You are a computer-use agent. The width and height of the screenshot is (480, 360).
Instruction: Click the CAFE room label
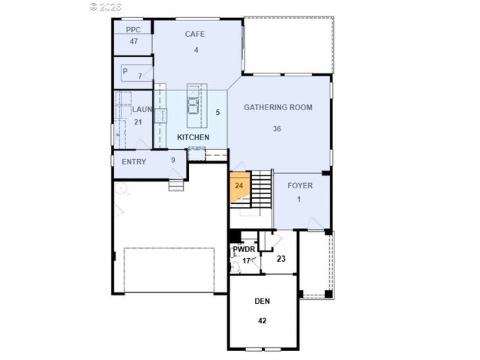(195, 34)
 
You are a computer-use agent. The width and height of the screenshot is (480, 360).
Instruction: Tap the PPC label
(133, 30)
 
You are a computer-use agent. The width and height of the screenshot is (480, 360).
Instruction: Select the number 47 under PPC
(133, 41)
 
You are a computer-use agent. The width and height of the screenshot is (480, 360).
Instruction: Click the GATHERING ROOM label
(277, 107)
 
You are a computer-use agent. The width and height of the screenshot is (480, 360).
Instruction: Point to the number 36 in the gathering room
(277, 128)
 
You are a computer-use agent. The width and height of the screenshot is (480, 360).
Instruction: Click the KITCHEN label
(193, 138)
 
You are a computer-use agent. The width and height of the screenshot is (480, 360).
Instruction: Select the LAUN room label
(142, 109)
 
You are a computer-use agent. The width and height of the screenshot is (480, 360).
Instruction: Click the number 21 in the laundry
(138, 121)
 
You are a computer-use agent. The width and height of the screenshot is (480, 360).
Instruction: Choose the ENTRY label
(133, 161)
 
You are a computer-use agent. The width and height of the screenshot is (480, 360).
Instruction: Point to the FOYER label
(300, 185)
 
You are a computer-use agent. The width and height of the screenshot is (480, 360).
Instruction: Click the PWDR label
(244, 249)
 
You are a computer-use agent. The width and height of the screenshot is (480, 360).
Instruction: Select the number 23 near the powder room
(281, 259)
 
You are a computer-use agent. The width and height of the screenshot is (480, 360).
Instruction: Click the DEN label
(262, 301)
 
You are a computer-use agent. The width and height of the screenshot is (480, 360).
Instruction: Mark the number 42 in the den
(262, 320)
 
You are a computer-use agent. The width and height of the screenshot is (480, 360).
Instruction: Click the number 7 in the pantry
(139, 76)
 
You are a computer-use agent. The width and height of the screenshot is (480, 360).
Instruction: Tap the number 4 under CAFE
(195, 50)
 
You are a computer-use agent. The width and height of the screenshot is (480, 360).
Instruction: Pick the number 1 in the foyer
(298, 199)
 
